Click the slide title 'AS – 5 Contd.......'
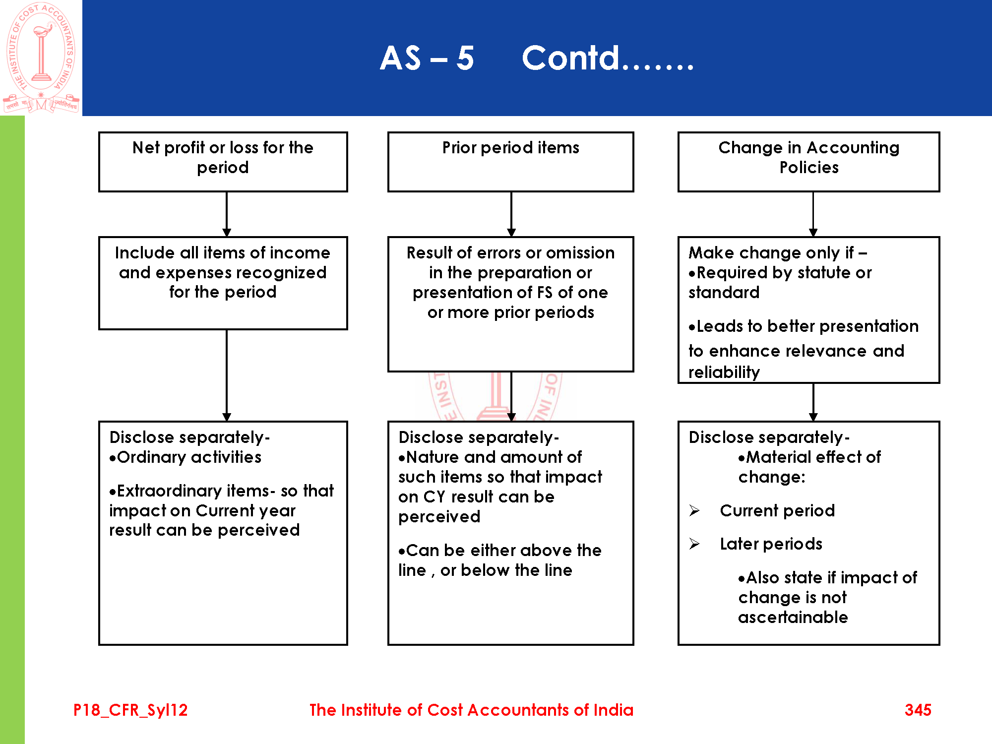(537, 59)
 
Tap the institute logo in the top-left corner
(41, 58)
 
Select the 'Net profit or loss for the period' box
(223, 161)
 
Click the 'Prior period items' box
(510, 161)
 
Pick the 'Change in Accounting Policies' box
(808, 161)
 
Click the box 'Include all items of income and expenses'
(223, 283)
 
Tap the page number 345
(918, 710)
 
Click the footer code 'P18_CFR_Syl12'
(130, 710)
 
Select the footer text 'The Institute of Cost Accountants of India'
(471, 710)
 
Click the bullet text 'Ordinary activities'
(189, 457)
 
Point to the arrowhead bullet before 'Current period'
(694, 510)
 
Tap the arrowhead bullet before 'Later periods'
(694, 544)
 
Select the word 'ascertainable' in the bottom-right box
(793, 617)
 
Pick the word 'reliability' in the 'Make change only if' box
(724, 372)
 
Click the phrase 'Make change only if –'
(778, 252)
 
